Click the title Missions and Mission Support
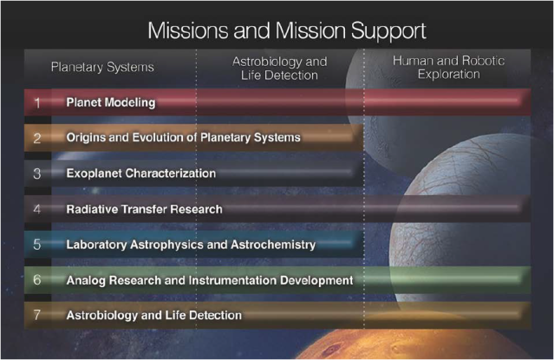pos(287,31)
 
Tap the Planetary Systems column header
pos(102,67)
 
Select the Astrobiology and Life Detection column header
pos(279,69)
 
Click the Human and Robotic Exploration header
pos(449,67)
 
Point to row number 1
pos(37,103)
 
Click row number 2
pos(37,138)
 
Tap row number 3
pos(37,173)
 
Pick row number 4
pos(37,209)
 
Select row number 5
pos(37,245)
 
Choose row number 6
pos(37,279)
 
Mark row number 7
pos(37,314)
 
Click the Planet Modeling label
pos(111,102)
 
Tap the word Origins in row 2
pos(86,138)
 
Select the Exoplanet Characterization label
pos(141,173)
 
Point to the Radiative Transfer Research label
pos(145,209)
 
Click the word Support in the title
pos(388,32)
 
